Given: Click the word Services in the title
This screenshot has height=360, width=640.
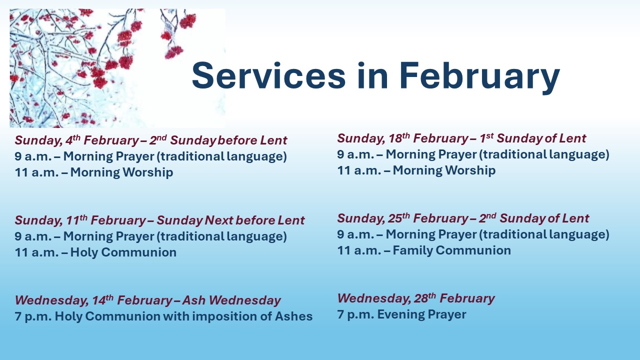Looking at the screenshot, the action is (269, 75).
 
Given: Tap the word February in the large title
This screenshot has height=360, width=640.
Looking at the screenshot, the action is (479, 77).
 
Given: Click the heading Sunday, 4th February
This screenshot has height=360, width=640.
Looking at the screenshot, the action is (77, 140).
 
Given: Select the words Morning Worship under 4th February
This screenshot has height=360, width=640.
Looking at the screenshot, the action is (121, 172).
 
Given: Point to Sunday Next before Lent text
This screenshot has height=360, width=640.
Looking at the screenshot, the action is (230, 220).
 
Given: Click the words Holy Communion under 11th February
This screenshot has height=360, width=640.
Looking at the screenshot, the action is (123, 252).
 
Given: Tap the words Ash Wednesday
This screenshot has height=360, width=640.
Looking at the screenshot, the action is (231, 300).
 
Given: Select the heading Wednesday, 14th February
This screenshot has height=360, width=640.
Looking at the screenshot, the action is (93, 300).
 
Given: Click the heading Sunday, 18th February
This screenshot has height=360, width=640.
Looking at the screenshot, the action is (402, 138).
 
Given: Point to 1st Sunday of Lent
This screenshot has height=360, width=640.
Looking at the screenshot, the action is (532, 138).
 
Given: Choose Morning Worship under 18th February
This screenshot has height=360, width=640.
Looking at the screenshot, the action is (444, 170).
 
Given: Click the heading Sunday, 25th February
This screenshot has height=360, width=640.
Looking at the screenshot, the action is (402, 218).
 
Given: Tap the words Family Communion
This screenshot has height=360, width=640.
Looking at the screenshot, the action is (452, 250).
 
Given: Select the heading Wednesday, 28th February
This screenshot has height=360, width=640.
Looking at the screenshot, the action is (416, 298).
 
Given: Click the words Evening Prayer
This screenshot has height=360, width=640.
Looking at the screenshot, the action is (421, 314).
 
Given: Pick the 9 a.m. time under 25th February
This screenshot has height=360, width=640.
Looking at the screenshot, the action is (355, 234).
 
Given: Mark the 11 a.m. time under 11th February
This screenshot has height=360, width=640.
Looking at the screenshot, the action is (36, 252).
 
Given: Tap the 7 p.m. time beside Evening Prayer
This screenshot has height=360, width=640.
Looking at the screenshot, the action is (355, 314).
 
